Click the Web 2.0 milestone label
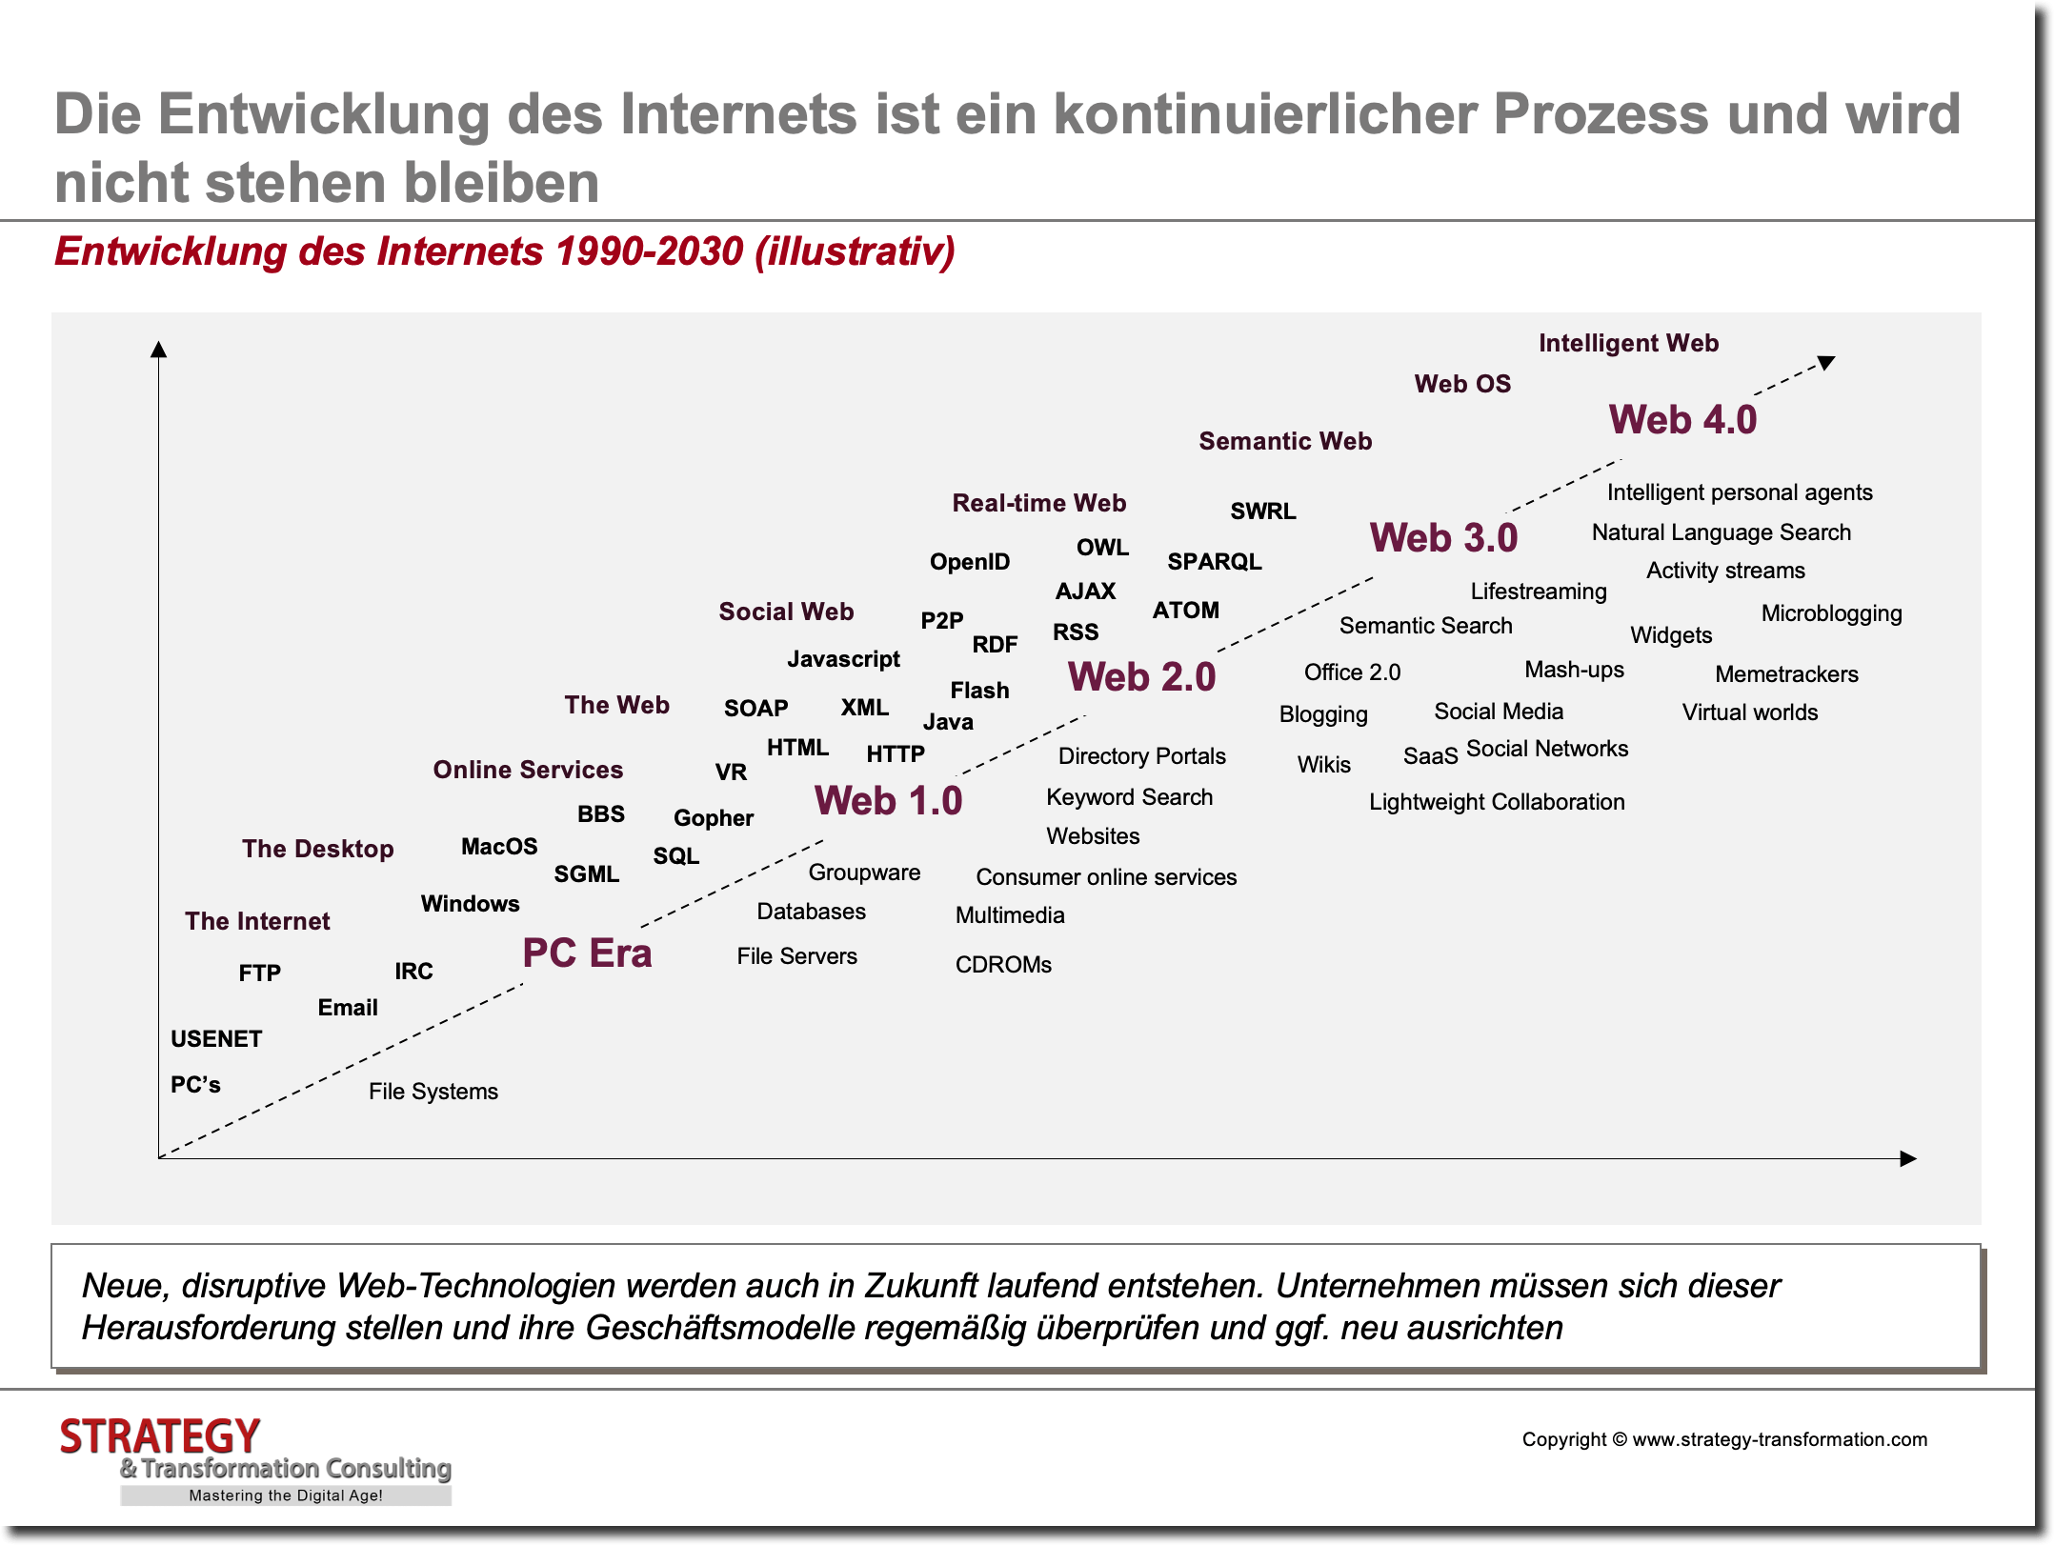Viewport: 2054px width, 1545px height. [x=1141, y=677]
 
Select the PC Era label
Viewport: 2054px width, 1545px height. [x=587, y=953]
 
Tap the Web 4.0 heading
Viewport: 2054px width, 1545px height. [x=1682, y=420]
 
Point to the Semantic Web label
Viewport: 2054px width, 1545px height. [x=1285, y=441]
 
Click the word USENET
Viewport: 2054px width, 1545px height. [x=216, y=1039]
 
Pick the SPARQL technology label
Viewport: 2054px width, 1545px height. [x=1215, y=562]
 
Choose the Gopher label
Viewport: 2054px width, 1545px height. [x=714, y=818]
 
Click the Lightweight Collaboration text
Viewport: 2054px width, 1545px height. [x=1497, y=802]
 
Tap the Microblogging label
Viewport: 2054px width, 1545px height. [x=1831, y=613]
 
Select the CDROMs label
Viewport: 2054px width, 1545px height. [x=1003, y=965]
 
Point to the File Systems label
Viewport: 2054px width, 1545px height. [x=433, y=1092]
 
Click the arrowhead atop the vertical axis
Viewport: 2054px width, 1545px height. [x=159, y=350]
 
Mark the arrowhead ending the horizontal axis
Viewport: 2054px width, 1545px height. [x=1907, y=1158]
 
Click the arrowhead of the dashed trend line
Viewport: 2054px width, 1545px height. [x=1825, y=362]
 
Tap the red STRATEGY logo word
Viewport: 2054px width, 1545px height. [x=160, y=1436]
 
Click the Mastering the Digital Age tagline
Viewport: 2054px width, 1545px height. [x=286, y=1495]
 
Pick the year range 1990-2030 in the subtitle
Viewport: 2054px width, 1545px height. [x=649, y=251]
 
